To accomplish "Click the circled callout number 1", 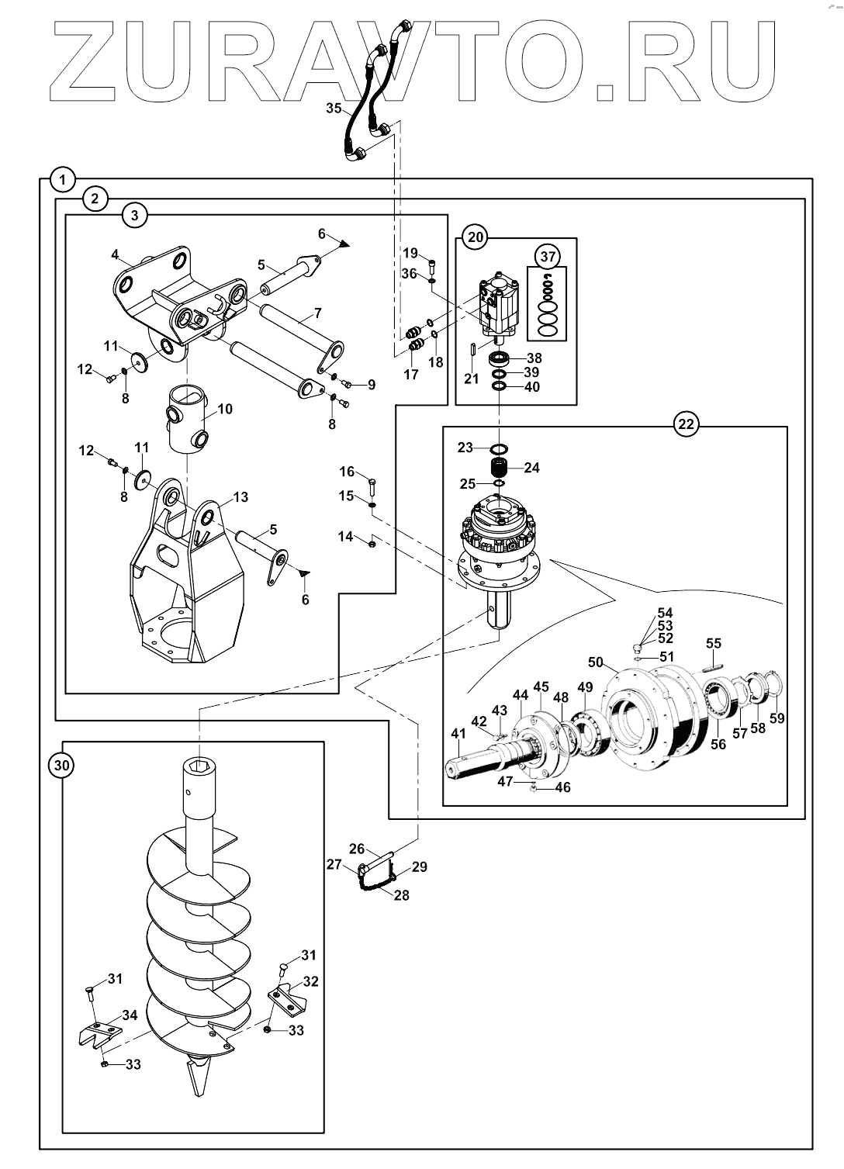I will coord(62,179).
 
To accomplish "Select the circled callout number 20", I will coord(476,237).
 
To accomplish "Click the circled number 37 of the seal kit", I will coord(548,256).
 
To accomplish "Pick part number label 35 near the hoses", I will coord(334,108).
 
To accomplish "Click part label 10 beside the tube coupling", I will coord(225,409).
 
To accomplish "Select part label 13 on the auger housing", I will coord(240,496).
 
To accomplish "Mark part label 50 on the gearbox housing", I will coord(596,662).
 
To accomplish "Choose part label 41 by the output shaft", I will coord(458,733).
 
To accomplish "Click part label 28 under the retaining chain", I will coord(402,895).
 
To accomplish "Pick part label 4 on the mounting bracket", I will coord(115,254).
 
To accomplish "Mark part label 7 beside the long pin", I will coord(318,313).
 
